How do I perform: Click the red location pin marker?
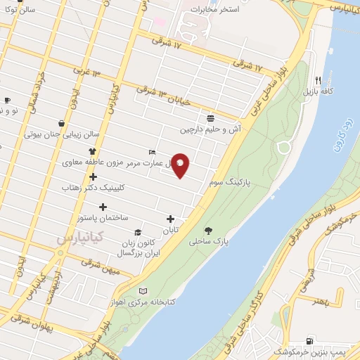(180, 165)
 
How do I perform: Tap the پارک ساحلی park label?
(209, 240)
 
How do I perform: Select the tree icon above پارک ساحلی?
(209, 229)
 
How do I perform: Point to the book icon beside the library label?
(143, 291)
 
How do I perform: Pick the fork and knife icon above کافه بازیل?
(318, 79)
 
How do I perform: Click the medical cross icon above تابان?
(170, 219)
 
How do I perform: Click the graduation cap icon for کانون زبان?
(138, 232)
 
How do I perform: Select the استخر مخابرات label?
(215, 10)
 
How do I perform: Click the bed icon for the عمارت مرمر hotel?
(153, 152)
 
